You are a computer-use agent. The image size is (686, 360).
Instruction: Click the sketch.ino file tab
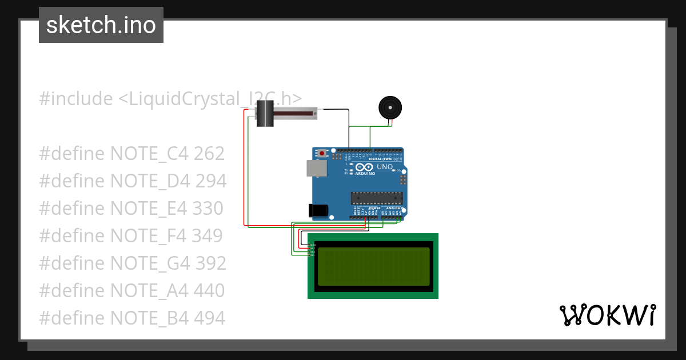coord(101,25)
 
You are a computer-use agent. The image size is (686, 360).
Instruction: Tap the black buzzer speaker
coord(390,107)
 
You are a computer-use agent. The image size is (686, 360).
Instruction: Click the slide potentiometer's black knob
coord(265,113)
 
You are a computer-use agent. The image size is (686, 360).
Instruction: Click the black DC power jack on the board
coord(318,210)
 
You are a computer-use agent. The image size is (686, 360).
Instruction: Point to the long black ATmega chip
coord(376,198)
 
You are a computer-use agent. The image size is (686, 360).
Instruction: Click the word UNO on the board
coord(385,167)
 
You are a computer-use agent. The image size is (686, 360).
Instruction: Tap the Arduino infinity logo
coord(364,167)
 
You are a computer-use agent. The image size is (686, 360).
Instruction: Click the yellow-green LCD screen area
coord(373,266)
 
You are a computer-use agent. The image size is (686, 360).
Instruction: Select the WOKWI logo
coord(607,315)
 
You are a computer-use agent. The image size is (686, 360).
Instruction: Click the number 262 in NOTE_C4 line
coord(209,154)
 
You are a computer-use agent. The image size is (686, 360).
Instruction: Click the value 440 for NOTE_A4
coord(209,290)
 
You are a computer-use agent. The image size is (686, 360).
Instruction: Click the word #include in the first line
coord(75,99)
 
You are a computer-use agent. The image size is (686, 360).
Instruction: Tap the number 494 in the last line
coord(209,318)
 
